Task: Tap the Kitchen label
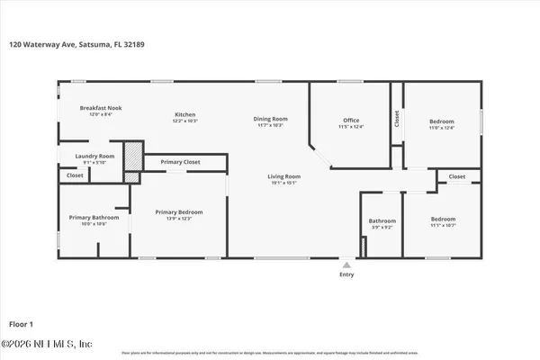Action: [x=185, y=115]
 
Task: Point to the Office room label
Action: [x=351, y=121]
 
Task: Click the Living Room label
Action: [x=283, y=176]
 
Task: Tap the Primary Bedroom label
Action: [x=179, y=212]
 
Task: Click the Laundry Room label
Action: [x=94, y=156]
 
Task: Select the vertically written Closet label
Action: [x=396, y=119]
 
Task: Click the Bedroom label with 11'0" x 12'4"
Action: [x=441, y=121]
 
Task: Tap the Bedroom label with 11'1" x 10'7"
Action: [x=443, y=220]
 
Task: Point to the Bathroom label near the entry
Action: [x=382, y=221]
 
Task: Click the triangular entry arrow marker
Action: [x=346, y=265]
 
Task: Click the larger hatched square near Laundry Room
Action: [x=133, y=154]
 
